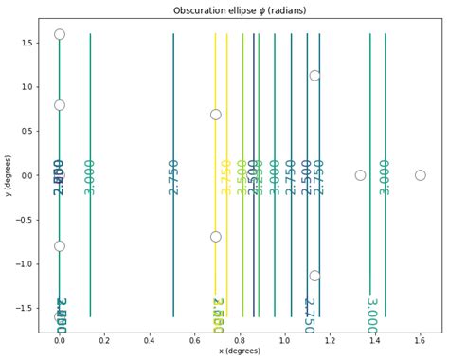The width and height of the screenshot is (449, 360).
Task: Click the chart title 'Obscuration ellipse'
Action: pos(240,10)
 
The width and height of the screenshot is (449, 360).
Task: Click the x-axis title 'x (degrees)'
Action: pos(240,352)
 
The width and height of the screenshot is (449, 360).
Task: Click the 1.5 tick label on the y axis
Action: pos(25,43)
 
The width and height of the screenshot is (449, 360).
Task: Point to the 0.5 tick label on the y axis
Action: pos(25,131)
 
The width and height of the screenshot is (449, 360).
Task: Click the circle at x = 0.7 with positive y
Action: pos(216,115)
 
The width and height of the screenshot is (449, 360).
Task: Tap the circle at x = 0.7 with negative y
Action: pos(216,237)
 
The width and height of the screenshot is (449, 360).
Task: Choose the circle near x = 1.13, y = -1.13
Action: pos(314,276)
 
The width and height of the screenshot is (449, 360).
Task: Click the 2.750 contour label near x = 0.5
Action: pos(173,176)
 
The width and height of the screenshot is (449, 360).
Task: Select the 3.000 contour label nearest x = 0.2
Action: pos(90,176)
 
